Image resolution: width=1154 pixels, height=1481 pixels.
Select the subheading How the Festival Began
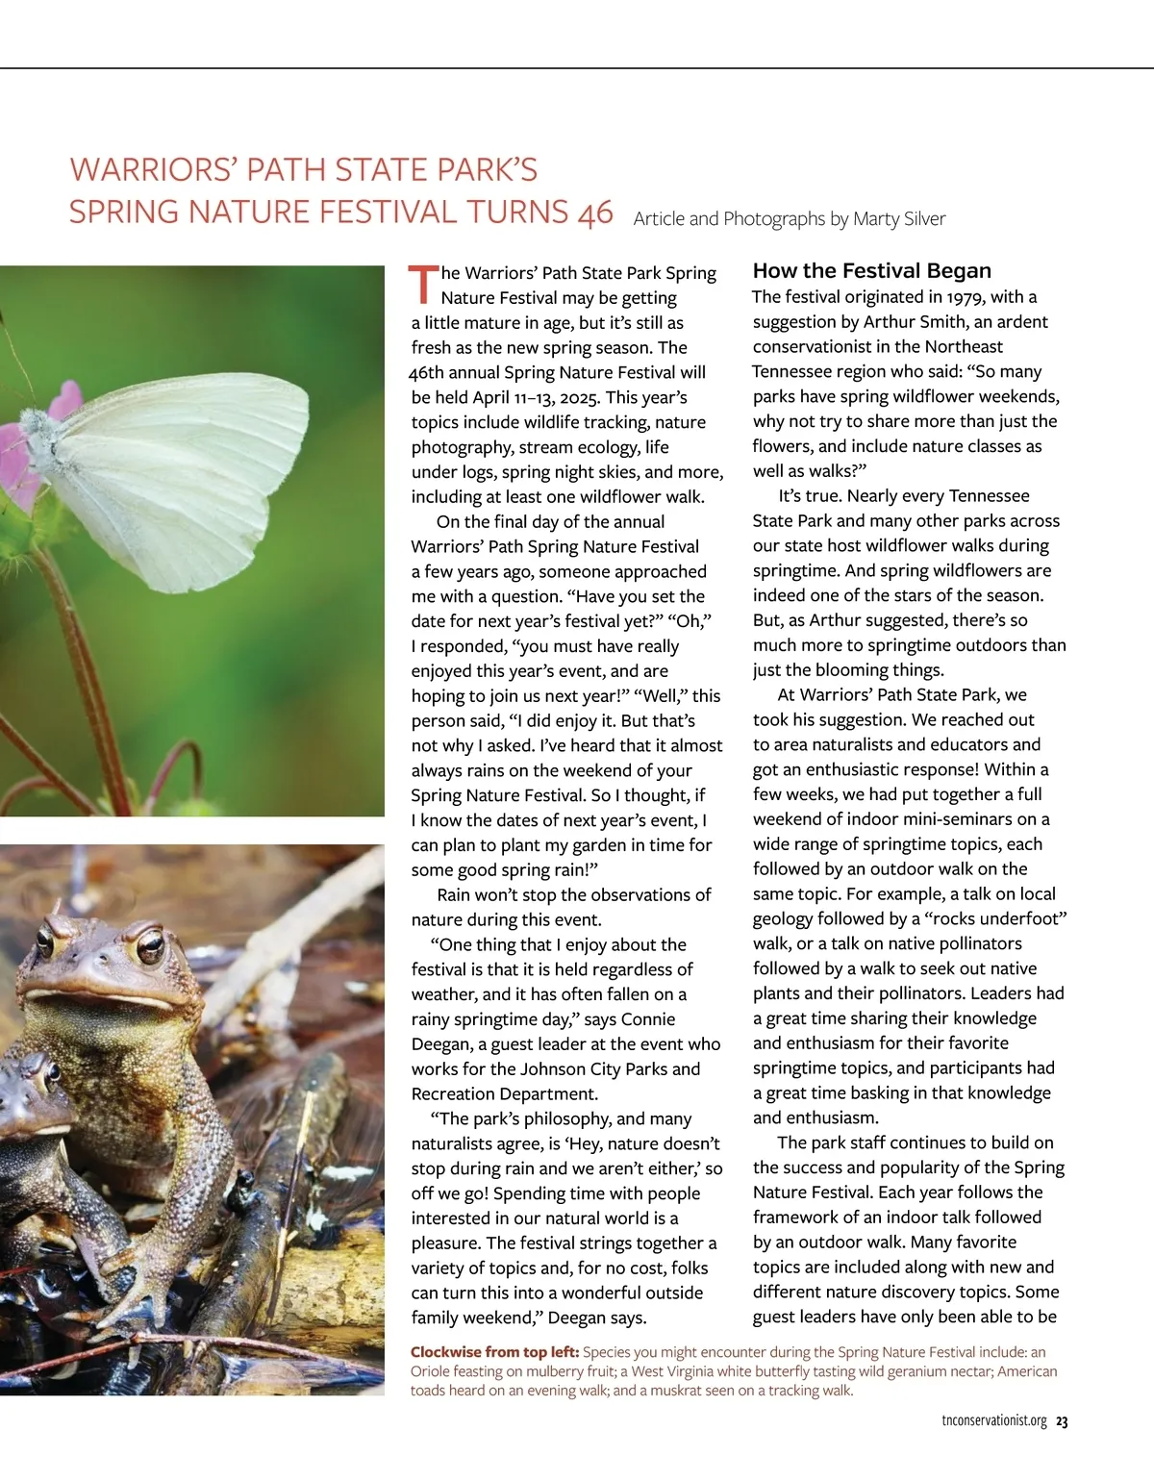[x=871, y=271]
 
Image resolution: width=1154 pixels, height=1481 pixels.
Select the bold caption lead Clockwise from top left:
[x=494, y=1352]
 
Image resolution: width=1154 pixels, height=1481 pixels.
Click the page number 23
[x=1062, y=1421]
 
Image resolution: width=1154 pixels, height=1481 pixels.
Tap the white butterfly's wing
[x=192, y=452]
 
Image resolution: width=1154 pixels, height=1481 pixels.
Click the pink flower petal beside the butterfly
[x=64, y=398]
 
